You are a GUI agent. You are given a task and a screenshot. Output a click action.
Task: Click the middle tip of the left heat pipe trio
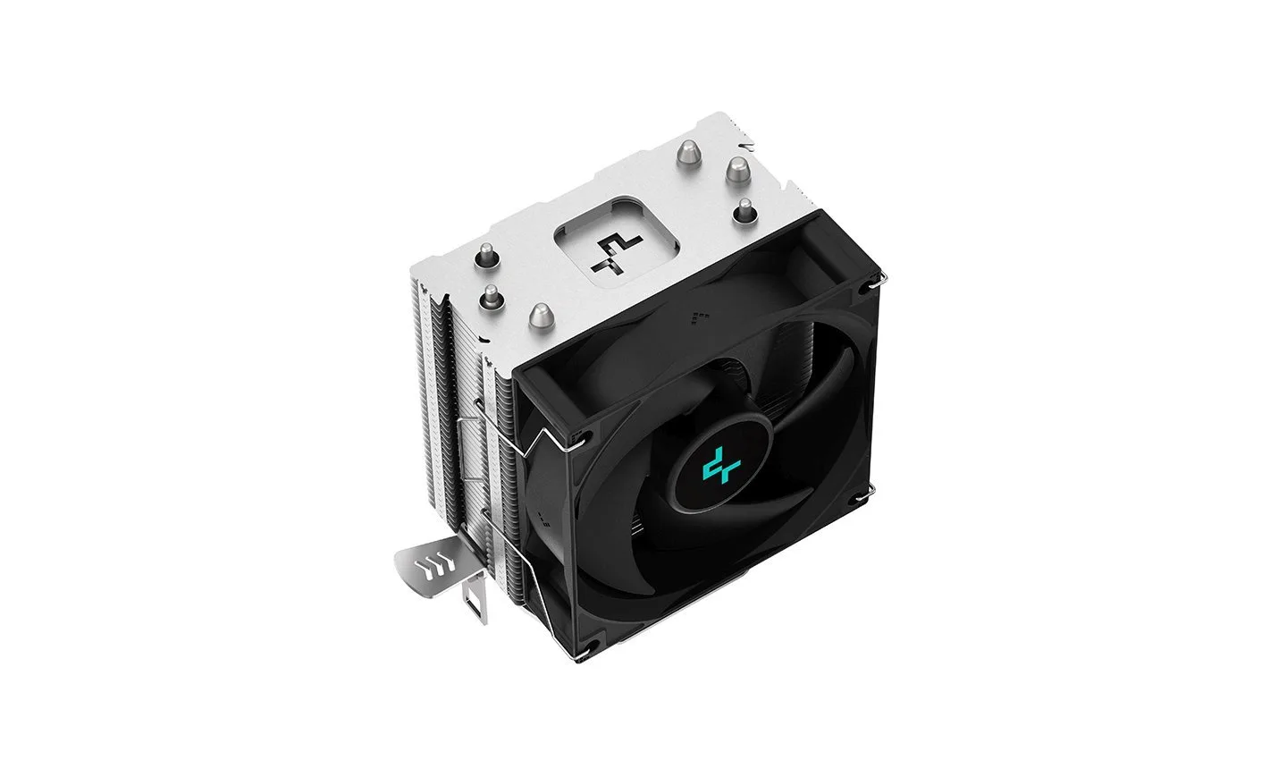pyautogui.click(x=492, y=295)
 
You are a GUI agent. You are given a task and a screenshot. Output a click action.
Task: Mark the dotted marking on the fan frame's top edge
pyautogui.click(x=700, y=315)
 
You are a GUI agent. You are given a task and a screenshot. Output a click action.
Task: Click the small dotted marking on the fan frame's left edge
pyautogui.click(x=543, y=516)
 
